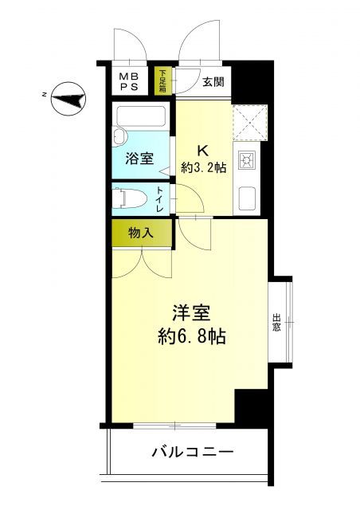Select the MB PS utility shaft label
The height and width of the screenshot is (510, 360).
(x=127, y=81)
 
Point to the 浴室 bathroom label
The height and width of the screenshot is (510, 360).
(x=139, y=159)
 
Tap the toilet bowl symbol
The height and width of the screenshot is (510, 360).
(x=129, y=196)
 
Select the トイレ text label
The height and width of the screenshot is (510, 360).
(x=161, y=198)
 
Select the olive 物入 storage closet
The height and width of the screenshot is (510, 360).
(x=140, y=233)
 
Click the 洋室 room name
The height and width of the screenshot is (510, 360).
(x=191, y=312)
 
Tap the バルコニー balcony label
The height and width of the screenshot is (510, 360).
(x=192, y=453)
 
